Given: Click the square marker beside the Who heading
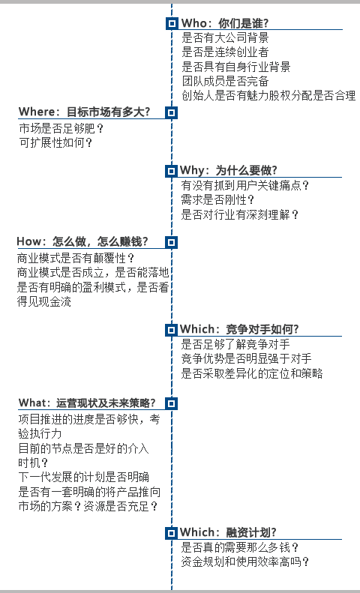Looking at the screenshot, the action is (x=172, y=23).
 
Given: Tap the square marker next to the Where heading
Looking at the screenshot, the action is (x=172, y=112).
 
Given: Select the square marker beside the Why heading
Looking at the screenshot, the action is (x=171, y=171).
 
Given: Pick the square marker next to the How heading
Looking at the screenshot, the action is (x=172, y=242).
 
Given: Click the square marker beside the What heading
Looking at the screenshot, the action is (x=172, y=403).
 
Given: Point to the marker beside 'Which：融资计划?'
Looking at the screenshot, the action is (x=171, y=533).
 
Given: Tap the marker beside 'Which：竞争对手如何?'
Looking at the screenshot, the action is (x=171, y=330).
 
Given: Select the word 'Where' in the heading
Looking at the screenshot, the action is (x=37, y=112).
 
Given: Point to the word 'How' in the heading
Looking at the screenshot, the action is (x=29, y=241).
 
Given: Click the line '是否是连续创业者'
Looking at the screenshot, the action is (x=225, y=52).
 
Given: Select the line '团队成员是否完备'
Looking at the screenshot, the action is (x=225, y=81).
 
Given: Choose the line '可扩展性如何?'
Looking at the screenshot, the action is (x=56, y=143).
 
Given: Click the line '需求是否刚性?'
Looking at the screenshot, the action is (x=217, y=199).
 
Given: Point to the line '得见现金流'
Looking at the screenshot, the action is (x=43, y=302).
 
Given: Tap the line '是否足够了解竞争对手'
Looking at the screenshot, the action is (x=235, y=344).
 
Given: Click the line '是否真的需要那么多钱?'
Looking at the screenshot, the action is (x=240, y=547).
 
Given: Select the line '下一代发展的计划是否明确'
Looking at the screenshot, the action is (x=83, y=477).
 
